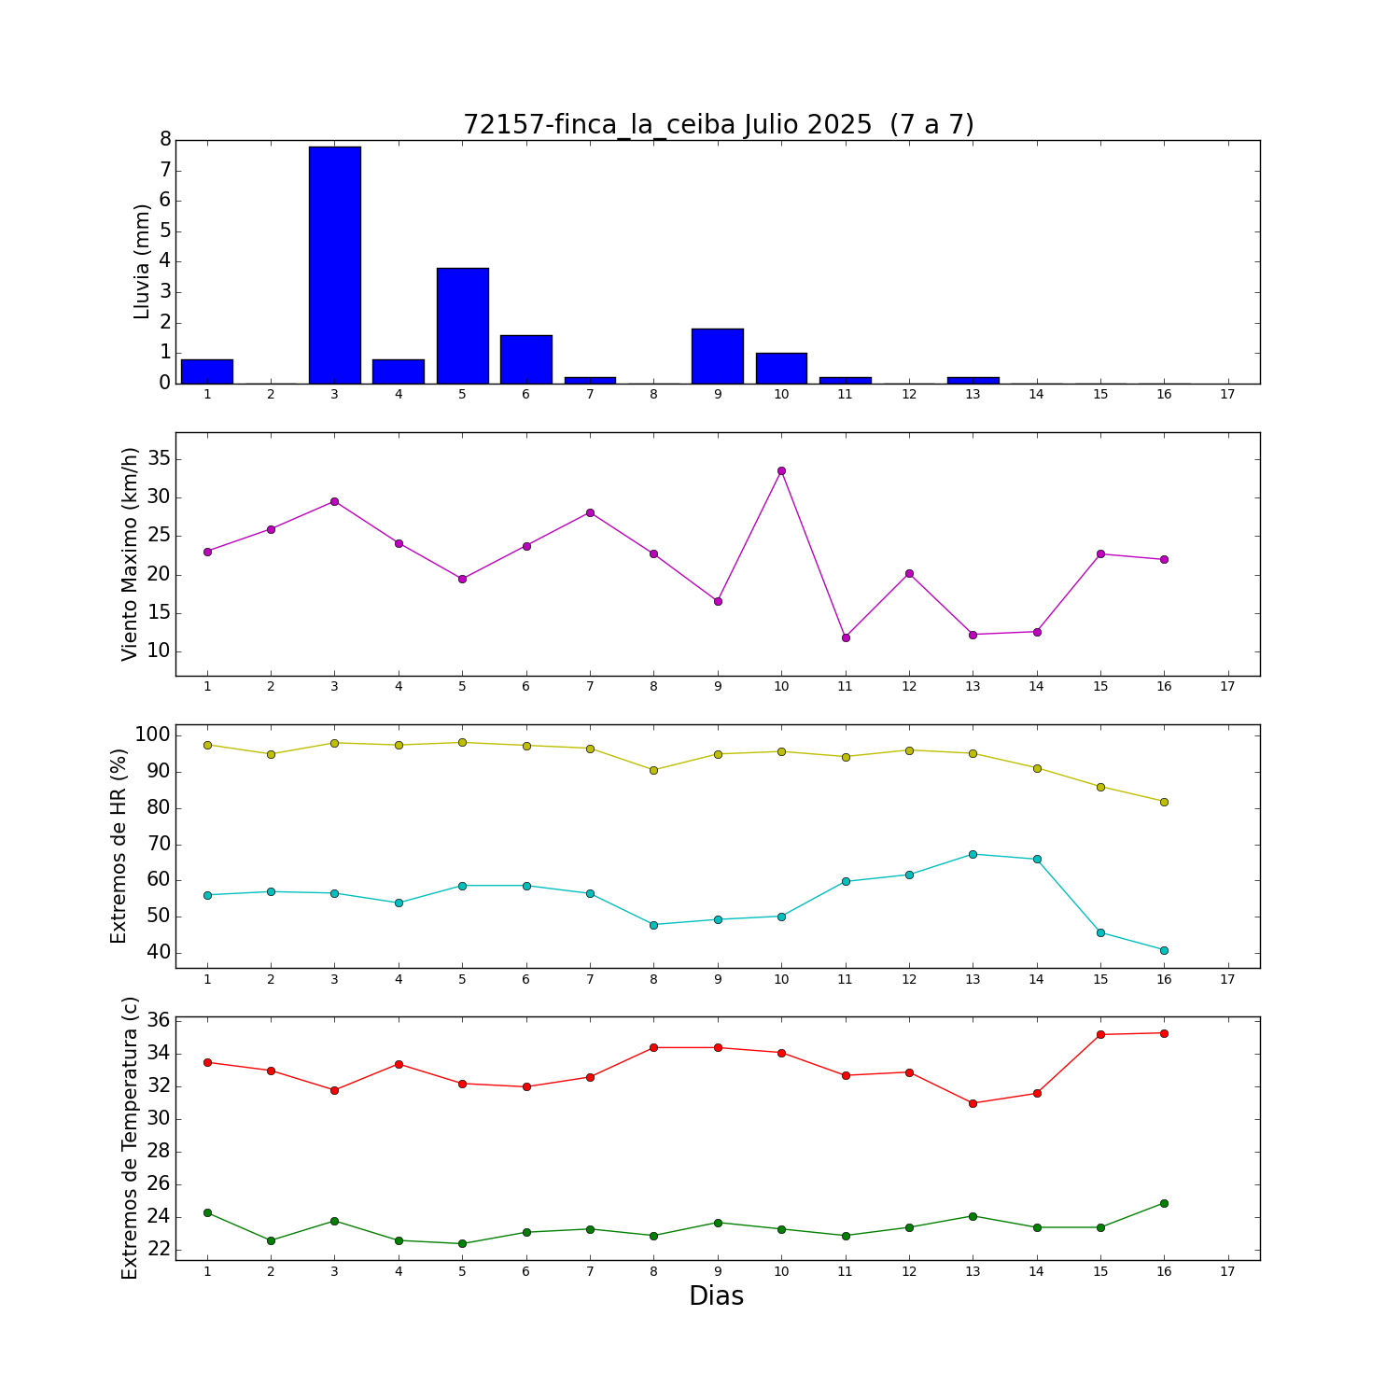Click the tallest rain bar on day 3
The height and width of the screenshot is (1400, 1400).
point(334,265)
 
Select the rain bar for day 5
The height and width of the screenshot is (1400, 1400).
point(462,326)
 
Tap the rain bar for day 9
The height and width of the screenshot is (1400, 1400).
point(718,356)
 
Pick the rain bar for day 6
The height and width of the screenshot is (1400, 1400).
point(526,359)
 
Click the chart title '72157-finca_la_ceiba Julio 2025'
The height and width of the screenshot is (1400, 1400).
point(667,124)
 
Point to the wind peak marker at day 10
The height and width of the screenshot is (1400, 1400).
point(781,470)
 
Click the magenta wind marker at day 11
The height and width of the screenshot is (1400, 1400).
point(846,637)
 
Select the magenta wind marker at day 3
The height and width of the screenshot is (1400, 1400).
point(334,501)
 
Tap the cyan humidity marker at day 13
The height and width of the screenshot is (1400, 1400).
point(973,854)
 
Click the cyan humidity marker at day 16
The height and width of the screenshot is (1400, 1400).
point(1164,950)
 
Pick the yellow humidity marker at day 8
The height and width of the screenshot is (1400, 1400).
point(653,770)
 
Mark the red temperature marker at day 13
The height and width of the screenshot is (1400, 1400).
point(973,1103)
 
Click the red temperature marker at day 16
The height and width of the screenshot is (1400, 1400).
point(1164,1033)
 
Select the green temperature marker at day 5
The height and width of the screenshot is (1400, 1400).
point(462,1243)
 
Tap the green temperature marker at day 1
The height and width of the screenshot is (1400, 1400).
point(207,1212)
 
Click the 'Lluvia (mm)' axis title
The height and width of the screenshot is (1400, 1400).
point(142,261)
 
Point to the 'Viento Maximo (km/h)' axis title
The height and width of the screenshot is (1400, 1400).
point(130,554)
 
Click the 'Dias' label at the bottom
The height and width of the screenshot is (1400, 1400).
point(717,1295)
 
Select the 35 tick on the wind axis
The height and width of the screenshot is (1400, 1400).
point(159,458)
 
